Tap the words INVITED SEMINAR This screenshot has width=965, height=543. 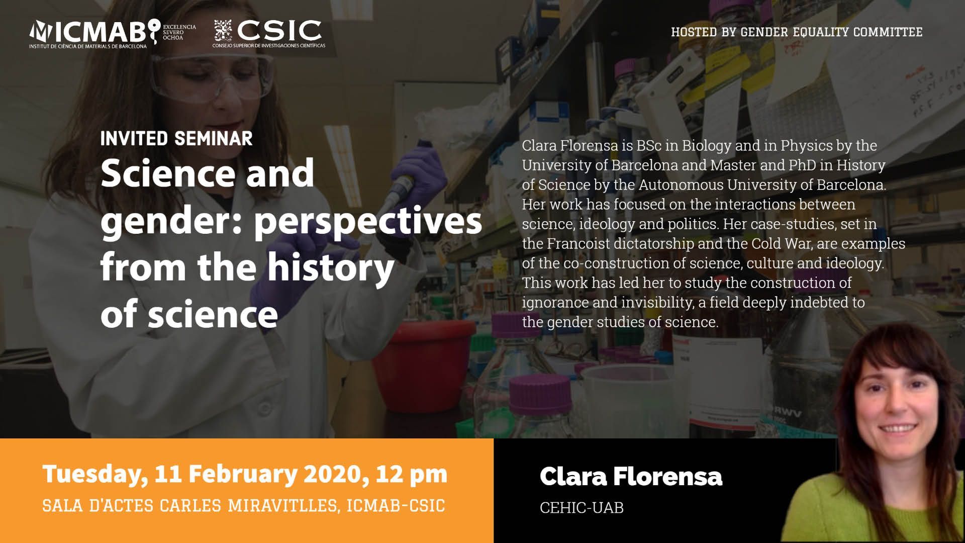[x=176, y=139]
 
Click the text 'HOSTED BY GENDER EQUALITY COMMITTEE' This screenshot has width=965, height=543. [x=797, y=32]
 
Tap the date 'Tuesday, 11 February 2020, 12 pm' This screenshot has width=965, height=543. [x=245, y=474]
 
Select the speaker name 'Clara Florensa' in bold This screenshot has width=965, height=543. [x=631, y=476]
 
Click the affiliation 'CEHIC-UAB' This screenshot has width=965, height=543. [x=582, y=508]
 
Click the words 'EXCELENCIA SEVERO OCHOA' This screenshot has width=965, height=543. [x=179, y=32]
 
